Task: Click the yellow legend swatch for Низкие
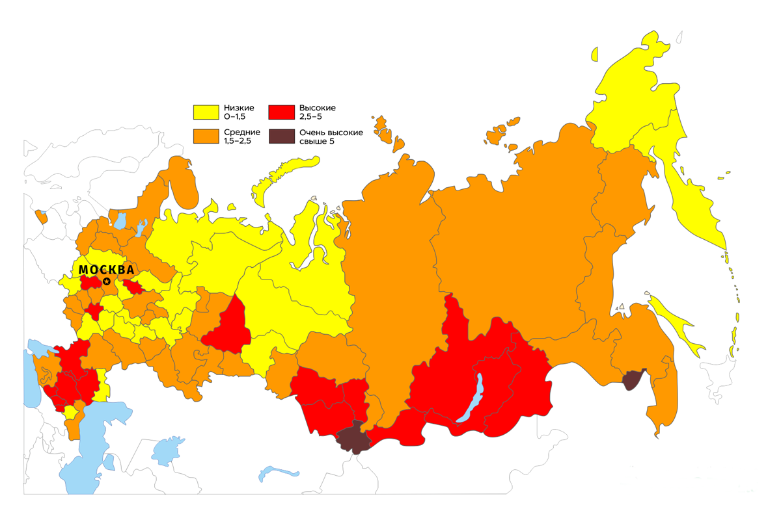pos(206,112)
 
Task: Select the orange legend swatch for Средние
pos(206,136)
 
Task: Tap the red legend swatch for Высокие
pos(281,112)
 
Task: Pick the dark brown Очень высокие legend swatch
pos(281,136)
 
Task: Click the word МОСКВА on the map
pos(106,270)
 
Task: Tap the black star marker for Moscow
pos(107,281)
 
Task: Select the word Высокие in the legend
pos(317,108)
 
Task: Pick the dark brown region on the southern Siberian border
pos(352,437)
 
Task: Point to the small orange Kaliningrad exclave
pos(42,216)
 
